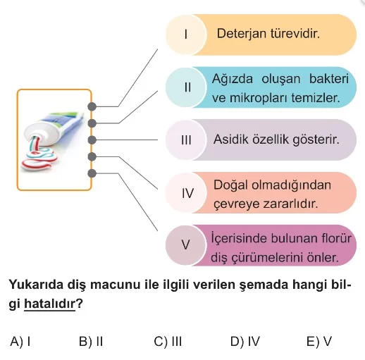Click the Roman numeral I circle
click(186, 35)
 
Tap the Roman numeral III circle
click(186, 139)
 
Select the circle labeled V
click(186, 245)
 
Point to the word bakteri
click(329, 79)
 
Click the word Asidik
click(231, 139)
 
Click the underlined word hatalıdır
click(49, 304)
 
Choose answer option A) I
click(20, 341)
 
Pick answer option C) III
click(168, 341)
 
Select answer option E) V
click(319, 341)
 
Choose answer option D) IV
click(245, 341)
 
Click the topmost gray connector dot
click(92, 106)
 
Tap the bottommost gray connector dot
click(92, 173)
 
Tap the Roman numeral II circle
click(186, 87)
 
